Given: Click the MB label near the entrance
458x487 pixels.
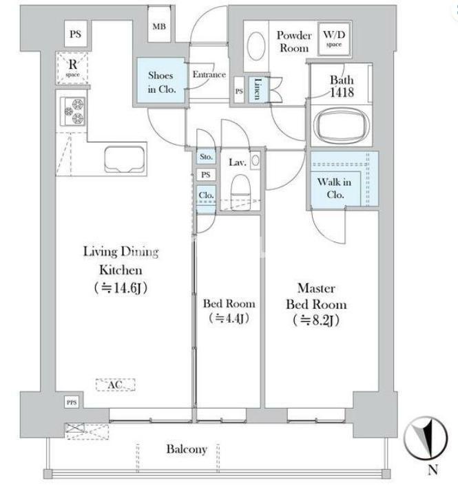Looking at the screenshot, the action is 159,27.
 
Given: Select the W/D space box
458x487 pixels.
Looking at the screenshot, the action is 334,39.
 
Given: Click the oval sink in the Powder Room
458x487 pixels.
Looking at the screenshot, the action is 256,46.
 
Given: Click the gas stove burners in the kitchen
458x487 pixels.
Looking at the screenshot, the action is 73,111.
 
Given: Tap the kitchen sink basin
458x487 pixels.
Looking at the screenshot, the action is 125,160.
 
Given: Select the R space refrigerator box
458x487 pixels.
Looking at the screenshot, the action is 72,68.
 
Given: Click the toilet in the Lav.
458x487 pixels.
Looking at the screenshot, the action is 241,189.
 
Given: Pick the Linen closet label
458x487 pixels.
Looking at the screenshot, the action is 258,89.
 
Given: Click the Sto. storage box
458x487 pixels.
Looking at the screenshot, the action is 206,157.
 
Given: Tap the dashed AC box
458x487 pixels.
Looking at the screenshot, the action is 115,385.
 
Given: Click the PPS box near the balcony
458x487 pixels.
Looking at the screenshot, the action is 72,402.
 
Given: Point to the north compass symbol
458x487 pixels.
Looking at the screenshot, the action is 426,439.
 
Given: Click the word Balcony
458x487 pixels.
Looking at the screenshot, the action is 187,449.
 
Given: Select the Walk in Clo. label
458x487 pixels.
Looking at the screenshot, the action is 335,188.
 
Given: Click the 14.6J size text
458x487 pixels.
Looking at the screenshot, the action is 121,288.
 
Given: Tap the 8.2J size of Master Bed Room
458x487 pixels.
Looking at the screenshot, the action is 316,321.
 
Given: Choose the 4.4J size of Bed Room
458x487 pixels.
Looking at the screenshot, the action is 229,318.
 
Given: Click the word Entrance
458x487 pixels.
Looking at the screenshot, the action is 209,74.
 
